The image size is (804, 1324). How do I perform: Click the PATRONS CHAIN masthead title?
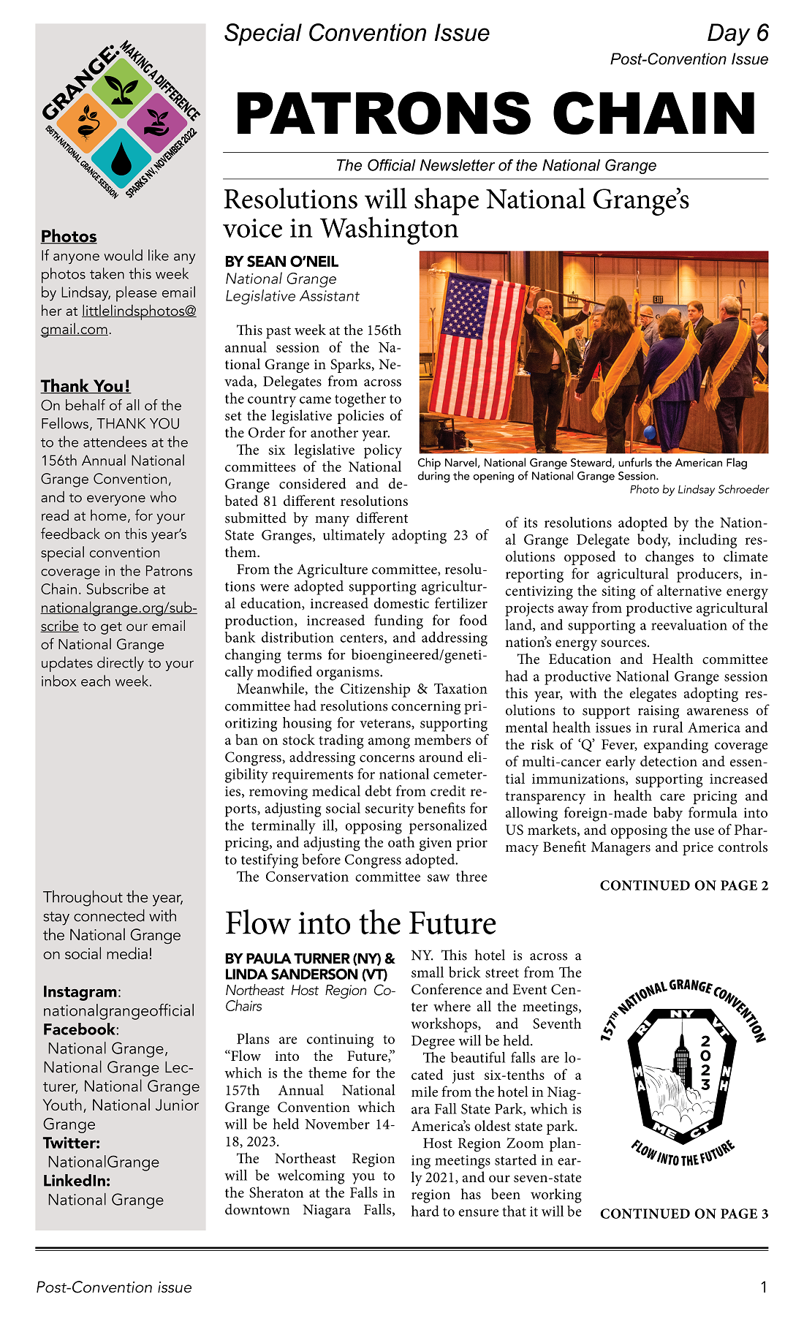click(x=496, y=114)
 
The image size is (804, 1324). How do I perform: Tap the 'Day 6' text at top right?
click(x=737, y=33)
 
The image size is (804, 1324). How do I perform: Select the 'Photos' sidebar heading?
click(x=69, y=236)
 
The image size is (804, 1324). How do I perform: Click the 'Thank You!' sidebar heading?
click(x=86, y=386)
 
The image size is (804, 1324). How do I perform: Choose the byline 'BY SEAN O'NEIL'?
click(x=281, y=262)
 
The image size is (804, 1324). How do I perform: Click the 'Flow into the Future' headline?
click(x=360, y=923)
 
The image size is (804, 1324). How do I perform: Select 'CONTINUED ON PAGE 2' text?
click(x=683, y=885)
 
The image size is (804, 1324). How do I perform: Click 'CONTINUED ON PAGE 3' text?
click(x=683, y=1214)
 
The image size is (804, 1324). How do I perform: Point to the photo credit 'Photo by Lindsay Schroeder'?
click(x=699, y=490)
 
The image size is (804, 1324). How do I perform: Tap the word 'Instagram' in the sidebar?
click(x=80, y=992)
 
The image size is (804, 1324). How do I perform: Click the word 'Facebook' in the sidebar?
click(x=79, y=1029)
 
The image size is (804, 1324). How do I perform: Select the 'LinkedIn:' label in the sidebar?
click(x=77, y=1181)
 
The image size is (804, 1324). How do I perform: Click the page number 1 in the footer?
click(x=764, y=1287)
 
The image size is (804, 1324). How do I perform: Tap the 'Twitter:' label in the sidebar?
click(x=72, y=1143)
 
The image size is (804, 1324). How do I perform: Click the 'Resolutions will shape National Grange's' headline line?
click(x=456, y=200)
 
